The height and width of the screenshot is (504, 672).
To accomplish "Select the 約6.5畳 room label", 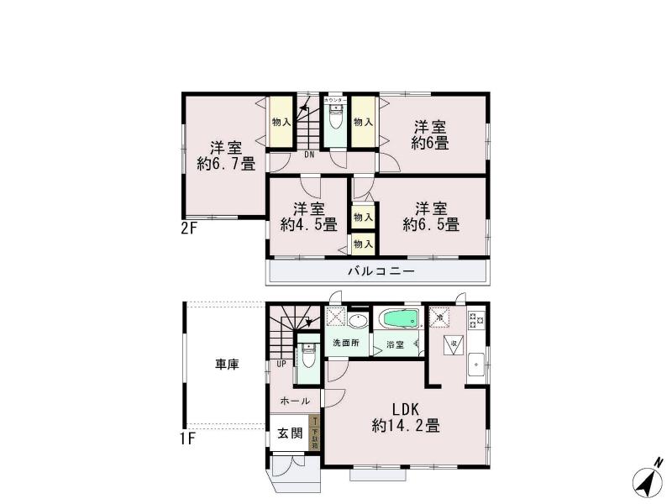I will click(x=430, y=216).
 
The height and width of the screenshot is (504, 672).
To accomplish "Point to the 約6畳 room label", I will click(x=429, y=135).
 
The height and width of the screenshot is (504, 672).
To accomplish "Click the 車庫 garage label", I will click(x=227, y=365).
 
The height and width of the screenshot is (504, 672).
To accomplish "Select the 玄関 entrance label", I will click(x=290, y=433).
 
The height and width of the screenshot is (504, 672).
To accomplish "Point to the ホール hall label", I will click(x=295, y=401).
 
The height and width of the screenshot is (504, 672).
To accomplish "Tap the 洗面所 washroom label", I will click(x=345, y=344).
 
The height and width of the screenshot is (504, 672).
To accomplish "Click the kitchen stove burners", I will click(x=476, y=319).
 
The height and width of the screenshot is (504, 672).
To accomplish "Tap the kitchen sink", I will click(x=475, y=364).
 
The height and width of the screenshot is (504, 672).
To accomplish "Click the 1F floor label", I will click(x=186, y=438).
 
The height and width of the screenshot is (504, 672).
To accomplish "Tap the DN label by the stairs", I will click(x=286, y=154).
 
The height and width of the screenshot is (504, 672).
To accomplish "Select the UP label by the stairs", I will click(x=281, y=365).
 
